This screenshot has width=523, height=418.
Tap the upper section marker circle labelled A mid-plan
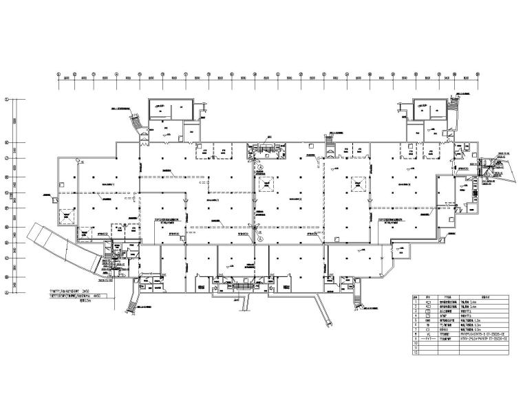261,167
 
